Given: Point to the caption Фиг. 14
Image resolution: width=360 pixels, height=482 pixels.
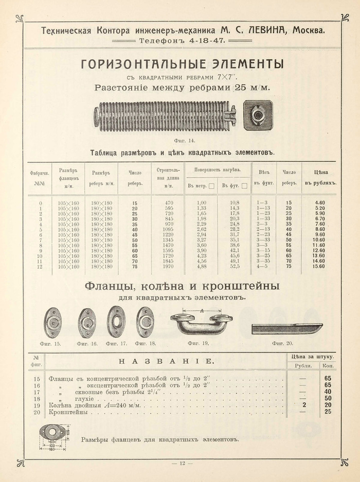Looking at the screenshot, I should pos(181,140).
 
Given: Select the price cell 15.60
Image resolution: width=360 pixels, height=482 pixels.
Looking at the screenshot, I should pos(319,267).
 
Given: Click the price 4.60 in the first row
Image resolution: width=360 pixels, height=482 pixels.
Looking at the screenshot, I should pos(319,203).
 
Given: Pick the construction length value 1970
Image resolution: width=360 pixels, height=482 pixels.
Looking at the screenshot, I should pos(169,267).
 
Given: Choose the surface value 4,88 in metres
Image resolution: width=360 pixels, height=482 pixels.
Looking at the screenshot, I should pos(202,267).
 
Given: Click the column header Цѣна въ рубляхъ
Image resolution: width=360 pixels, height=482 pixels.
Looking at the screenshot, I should pos(319,177).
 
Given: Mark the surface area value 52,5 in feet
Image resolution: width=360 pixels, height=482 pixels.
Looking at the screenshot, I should pos(235,267).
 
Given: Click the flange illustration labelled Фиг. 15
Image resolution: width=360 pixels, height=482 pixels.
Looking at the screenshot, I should pos(52,322).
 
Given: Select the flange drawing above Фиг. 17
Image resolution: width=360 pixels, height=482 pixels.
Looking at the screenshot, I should pos(116,322).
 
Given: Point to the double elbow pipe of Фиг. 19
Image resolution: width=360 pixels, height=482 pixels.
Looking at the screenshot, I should pos(201,322).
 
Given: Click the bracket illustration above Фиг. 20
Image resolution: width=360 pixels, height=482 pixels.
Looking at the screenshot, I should pos(286,327).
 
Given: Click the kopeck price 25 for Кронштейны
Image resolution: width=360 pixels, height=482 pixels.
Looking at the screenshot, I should pos(328,412).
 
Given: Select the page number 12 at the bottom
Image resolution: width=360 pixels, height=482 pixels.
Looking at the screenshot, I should pos(182,464).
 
